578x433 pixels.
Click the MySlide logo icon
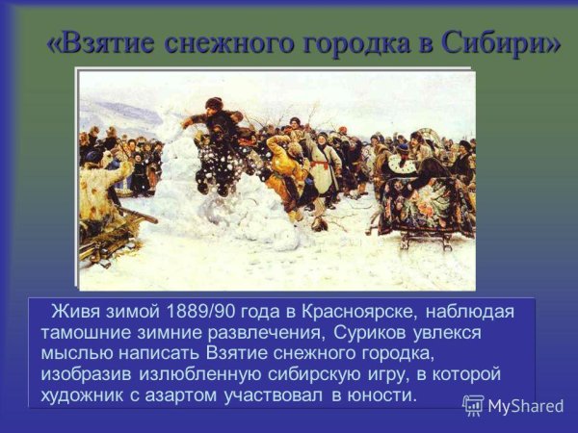tap(473, 405)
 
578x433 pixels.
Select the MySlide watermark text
tap(526, 406)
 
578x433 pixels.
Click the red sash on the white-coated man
tap(319, 165)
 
